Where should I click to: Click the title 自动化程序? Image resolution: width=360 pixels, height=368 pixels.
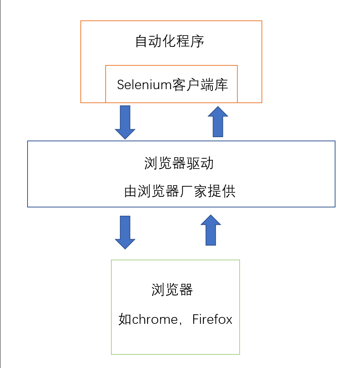point(170,42)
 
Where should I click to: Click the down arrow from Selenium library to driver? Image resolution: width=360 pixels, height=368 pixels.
point(125,121)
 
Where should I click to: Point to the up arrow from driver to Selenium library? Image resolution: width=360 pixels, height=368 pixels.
point(218,122)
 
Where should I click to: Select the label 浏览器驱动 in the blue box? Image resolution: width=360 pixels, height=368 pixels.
point(179,164)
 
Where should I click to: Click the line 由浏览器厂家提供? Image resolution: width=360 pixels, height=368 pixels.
point(180,192)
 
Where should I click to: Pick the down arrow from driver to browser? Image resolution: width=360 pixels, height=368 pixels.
point(125,232)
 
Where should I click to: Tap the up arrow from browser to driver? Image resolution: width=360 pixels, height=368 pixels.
point(211,230)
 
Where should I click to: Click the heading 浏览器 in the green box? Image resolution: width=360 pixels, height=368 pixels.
point(172,290)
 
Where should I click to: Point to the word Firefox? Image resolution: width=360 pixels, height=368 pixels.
point(212,320)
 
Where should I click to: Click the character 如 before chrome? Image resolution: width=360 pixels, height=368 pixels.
point(125,320)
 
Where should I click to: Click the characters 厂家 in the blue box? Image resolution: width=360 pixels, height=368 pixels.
point(194,192)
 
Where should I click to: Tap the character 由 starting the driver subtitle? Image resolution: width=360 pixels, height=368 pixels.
point(131,192)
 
